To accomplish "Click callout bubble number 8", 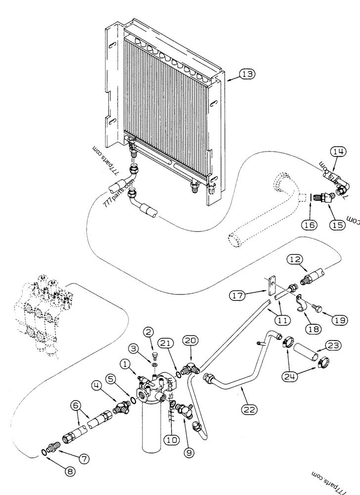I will click(71, 471).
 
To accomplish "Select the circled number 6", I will click(76, 405).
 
